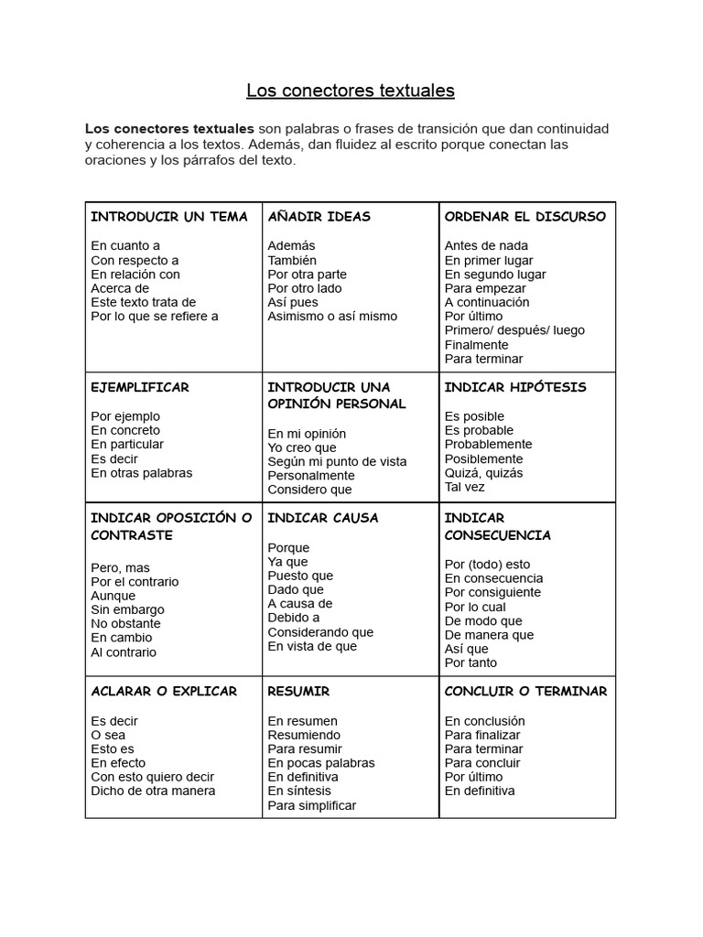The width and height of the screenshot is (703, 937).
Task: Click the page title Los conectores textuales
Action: [351, 91]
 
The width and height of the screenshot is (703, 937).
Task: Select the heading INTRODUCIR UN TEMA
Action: [169, 217]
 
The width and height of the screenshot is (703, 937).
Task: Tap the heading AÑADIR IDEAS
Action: [319, 217]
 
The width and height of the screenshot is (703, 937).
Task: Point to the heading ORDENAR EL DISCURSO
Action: [525, 217]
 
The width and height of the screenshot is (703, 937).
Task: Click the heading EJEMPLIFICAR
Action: [140, 387]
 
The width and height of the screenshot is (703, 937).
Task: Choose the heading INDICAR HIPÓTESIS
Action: [515, 387]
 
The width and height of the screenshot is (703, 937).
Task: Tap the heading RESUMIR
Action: [298, 691]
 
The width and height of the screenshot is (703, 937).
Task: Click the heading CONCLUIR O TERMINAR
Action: [525, 691]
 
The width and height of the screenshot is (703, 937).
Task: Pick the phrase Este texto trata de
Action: [143, 302]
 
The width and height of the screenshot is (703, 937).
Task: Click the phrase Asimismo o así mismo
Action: [332, 317]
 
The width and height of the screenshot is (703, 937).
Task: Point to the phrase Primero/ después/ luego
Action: [514, 330]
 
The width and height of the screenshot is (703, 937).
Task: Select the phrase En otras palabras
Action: [142, 473]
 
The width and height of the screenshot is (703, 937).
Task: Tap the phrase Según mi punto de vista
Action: [337, 461]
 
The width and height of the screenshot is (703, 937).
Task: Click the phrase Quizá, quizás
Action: [483, 473]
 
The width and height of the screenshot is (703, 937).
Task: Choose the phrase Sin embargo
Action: [127, 609]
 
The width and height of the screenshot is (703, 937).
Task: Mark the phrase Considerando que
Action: [320, 631]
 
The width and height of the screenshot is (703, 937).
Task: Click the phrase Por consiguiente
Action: [492, 592]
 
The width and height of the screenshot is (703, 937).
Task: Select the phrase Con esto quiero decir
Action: [153, 777]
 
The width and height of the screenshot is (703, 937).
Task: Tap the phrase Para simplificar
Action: [311, 805]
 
